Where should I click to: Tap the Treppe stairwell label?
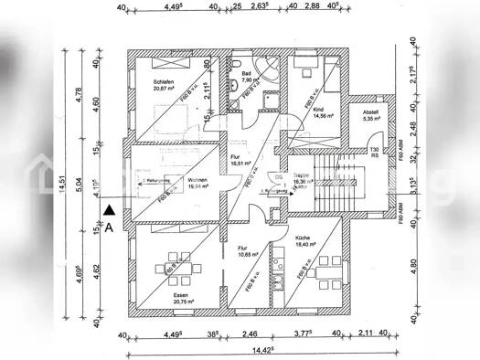301,178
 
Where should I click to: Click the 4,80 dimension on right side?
412,268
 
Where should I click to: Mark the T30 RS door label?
374,153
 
